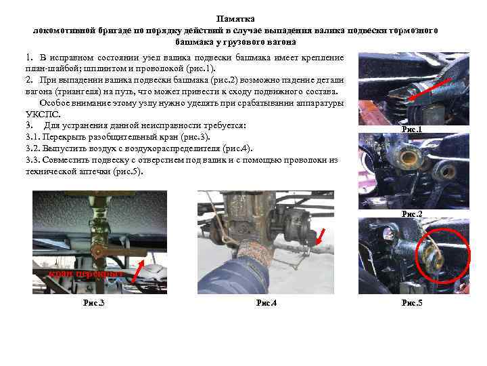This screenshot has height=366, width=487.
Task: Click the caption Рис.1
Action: pyautogui.click(x=412, y=129)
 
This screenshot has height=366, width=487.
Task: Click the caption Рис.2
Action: pyautogui.click(x=412, y=213)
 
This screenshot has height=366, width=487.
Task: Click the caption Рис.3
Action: pyautogui.click(x=93, y=302)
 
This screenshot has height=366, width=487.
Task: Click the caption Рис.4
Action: pyautogui.click(x=266, y=302)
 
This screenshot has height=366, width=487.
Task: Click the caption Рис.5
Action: pyautogui.click(x=412, y=302)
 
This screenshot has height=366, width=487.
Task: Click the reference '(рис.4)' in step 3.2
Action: pyautogui.click(x=238, y=148)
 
